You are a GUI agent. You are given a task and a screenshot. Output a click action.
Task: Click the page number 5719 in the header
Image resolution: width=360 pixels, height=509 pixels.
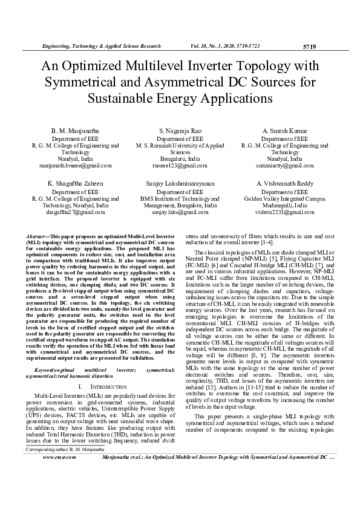click(x=309, y=46)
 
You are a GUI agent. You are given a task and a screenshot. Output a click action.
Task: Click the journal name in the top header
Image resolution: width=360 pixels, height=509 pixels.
click(x=100, y=46)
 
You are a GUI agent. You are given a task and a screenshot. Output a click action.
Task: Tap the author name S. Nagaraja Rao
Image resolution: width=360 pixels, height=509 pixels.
click(x=180, y=131)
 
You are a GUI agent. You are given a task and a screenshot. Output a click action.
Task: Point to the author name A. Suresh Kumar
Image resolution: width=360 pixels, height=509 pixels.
click(x=284, y=131)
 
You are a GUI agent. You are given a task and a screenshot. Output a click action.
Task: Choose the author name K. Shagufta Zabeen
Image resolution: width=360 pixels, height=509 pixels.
click(x=76, y=183)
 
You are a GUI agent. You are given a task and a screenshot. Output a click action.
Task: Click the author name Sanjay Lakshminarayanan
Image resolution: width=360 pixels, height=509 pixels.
click(x=180, y=183)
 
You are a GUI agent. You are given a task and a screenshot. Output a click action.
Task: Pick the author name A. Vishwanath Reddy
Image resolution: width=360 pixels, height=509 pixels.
click(x=284, y=183)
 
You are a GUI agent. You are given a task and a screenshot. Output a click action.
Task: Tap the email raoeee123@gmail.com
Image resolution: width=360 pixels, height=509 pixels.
click(x=180, y=164)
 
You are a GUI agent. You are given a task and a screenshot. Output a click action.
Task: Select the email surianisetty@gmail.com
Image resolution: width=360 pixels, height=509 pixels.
click(x=284, y=164)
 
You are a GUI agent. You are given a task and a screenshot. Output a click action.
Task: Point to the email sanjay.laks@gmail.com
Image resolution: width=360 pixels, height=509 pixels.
click(x=180, y=212)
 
